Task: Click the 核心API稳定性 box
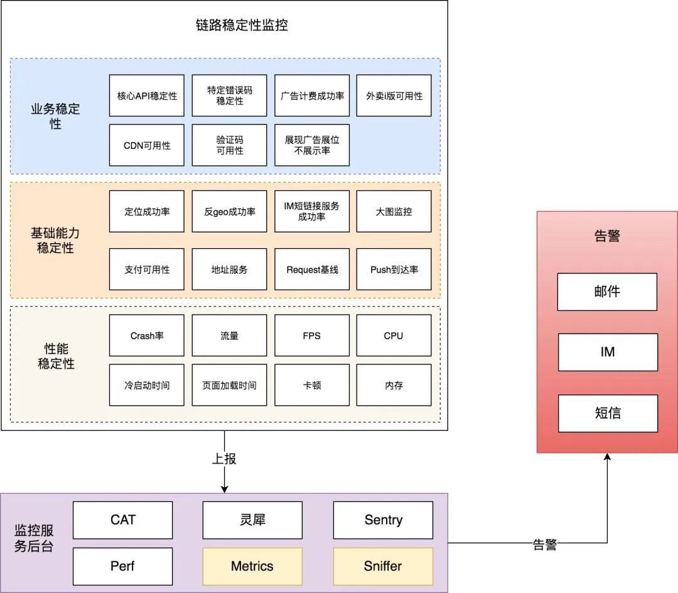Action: [x=147, y=96]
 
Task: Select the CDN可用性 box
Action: [x=147, y=145]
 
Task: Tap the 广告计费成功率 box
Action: [x=312, y=96]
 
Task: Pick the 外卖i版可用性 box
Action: [x=394, y=96]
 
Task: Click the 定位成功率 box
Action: [x=147, y=212]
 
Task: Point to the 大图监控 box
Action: [x=394, y=212]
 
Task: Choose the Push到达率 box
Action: [x=394, y=269]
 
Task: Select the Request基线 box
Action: [x=312, y=269]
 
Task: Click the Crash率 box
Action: [x=147, y=335]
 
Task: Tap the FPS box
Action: [x=312, y=335]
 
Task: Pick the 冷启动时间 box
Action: [x=147, y=385]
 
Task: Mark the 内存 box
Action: [x=394, y=385]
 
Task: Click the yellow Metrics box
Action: [x=252, y=566]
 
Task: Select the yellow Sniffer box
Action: [x=383, y=566]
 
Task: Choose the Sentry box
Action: [x=383, y=520]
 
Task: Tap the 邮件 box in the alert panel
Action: [x=607, y=292]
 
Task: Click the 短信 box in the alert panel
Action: [x=607, y=413]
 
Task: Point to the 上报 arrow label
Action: [x=224, y=459]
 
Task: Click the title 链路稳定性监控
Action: [x=242, y=26]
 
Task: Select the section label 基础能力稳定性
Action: [x=55, y=241]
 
